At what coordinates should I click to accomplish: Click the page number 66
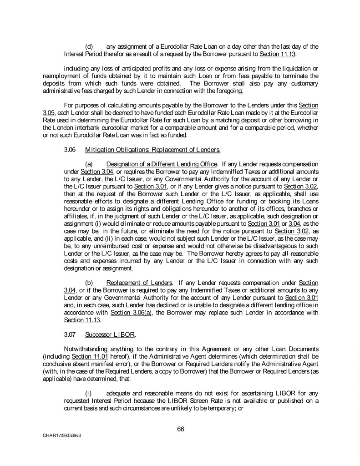tap(180, 428)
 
